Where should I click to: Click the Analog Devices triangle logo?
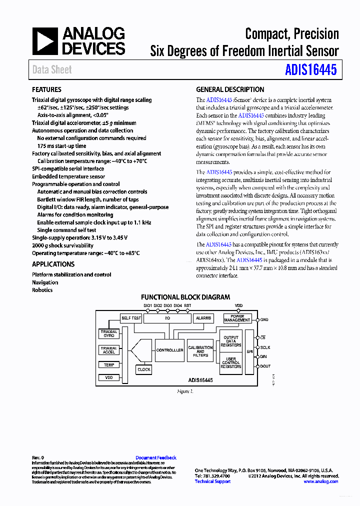[45, 41]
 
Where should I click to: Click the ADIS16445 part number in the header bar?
[311, 70]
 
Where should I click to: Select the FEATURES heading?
[46, 89]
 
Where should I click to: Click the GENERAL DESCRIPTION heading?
[230, 89]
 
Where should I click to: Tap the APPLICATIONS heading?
[53, 264]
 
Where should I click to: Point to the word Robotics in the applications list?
[42, 290]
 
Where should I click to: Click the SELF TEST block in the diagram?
[131, 318]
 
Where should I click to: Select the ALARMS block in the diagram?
[203, 318]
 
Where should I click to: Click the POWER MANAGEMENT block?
[237, 318]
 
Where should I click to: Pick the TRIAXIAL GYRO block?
[109, 333]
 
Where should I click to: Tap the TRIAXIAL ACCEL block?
[109, 350]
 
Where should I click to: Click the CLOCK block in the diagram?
[144, 369]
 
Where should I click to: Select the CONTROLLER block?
[169, 350]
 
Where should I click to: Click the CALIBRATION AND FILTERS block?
[200, 351]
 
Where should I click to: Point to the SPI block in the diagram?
[249, 351]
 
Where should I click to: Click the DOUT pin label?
[265, 366]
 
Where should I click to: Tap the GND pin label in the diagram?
[264, 319]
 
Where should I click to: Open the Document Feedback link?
[156, 457]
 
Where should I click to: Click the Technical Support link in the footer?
[212, 481]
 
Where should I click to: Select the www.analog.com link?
[321, 481]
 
